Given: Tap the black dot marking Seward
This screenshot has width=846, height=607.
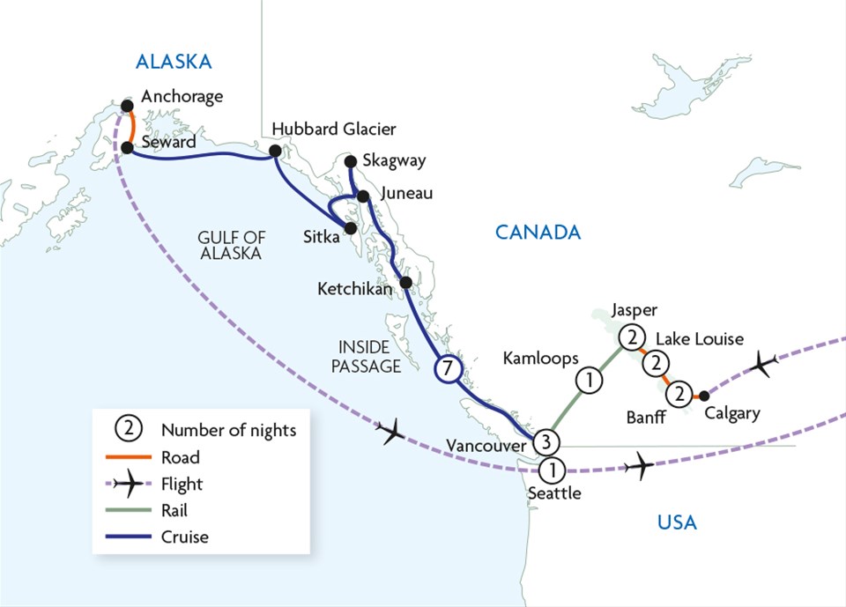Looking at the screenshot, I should coord(127,147).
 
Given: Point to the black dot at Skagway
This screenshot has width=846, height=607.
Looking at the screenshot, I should coord(350,161).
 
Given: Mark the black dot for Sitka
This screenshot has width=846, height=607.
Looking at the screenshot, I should coord(351,228).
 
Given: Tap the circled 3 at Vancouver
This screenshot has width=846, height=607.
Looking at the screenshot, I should coord(546,441).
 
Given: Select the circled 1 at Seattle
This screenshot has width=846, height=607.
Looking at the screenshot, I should coord(552,470).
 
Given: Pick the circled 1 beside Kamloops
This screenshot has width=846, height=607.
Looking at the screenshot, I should coord(590,381).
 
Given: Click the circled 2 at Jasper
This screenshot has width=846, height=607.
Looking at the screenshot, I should coord(631,337).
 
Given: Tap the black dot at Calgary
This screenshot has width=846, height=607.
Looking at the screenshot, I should coord(703,396).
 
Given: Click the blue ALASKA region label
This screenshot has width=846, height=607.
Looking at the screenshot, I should coord(174,62).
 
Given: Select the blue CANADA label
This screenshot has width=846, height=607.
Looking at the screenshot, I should coord(538,233).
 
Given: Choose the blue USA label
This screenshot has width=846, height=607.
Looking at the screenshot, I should coord(677,523).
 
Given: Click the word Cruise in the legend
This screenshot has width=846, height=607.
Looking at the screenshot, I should coord(186,536).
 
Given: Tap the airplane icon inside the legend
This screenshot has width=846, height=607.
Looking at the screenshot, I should coord(130,484).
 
